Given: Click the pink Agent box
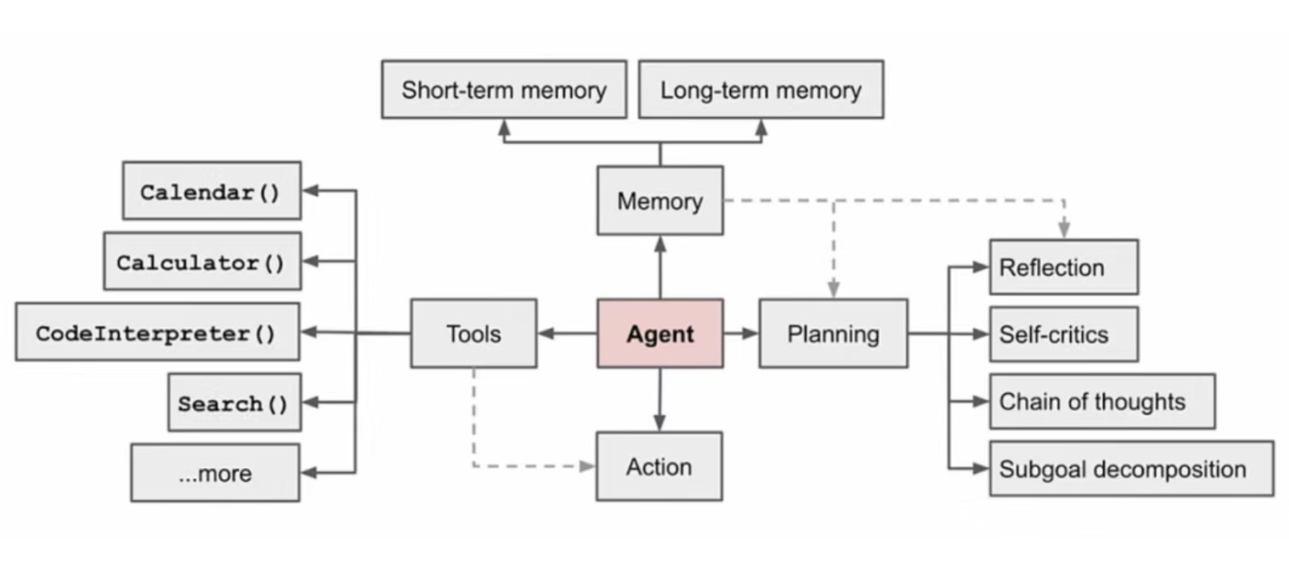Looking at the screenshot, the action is [660, 333].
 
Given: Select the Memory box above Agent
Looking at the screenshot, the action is [660, 200].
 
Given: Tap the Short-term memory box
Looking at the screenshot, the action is [504, 89].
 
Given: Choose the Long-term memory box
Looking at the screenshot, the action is [762, 89].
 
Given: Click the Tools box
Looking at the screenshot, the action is [473, 333].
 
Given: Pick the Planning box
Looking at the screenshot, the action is [833, 333].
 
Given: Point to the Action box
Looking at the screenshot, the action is [660, 466].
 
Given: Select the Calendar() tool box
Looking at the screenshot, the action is [212, 190].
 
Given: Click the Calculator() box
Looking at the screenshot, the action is [203, 261].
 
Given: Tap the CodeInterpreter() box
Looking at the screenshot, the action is [157, 332].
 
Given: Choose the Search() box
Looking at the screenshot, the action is [235, 403].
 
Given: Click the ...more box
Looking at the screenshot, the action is [215, 473].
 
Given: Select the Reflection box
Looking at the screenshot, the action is [1064, 267].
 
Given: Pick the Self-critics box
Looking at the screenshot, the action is [1064, 334].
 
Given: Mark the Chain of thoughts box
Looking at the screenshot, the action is [1102, 401].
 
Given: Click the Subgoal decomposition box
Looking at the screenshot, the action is [1132, 469].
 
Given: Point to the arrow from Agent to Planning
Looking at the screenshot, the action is [741, 333].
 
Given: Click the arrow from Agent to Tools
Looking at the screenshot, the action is [567, 333].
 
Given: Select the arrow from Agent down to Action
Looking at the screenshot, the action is [660, 399].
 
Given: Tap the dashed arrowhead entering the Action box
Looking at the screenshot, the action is [587, 466].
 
